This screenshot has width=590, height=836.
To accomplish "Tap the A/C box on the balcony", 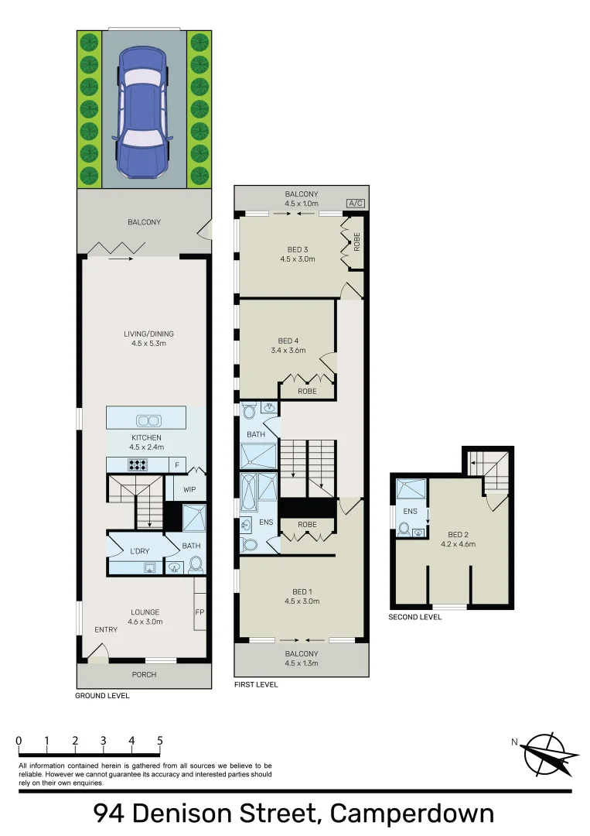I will tap(356, 204).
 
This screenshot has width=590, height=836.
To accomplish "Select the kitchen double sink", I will tap(146, 420).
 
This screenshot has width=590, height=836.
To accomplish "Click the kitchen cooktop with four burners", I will tap(138, 465).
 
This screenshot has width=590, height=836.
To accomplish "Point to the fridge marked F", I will tap(176, 465).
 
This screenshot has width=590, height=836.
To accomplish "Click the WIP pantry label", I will tap(189, 489).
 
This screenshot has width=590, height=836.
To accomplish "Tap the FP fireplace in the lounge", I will tap(200, 612).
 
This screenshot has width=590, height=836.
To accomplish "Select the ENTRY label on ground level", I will tap(106, 629).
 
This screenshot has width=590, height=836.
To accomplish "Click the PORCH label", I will tap(144, 675).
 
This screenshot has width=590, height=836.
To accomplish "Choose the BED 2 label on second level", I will tap(458, 534).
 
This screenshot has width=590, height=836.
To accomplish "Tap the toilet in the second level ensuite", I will tap(404, 530).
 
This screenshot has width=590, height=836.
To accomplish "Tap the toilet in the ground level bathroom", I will tap(195, 564).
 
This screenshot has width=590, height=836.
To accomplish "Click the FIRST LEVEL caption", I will tap(256, 685).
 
